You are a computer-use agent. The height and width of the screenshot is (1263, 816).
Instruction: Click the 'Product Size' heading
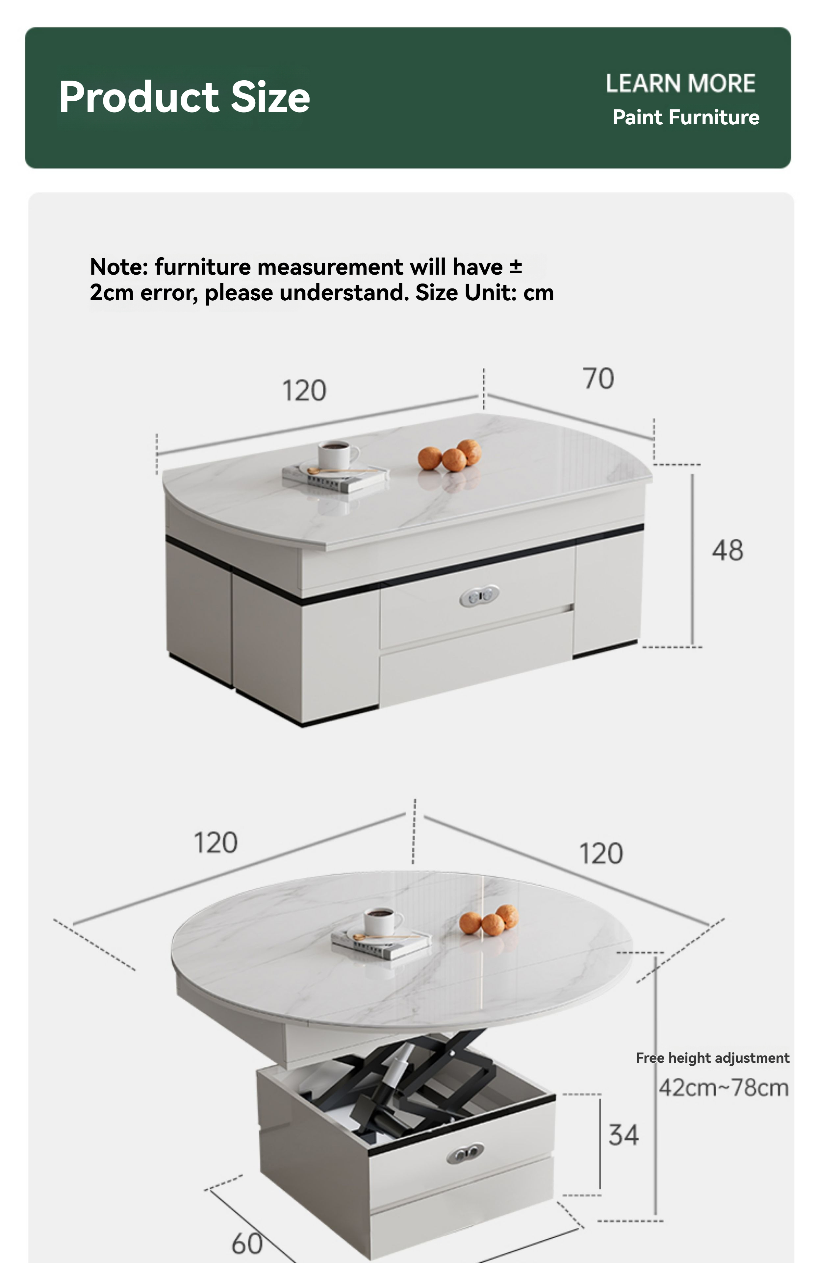pyautogui.click(x=184, y=97)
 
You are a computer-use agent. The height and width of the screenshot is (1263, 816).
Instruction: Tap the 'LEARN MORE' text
pyautogui.click(x=680, y=84)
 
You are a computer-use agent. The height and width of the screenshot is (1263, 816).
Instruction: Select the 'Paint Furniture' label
pyautogui.click(x=686, y=117)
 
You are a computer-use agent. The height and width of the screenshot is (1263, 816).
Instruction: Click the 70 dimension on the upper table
pyautogui.click(x=599, y=379)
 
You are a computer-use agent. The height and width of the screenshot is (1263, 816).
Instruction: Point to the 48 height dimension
pyautogui.click(x=727, y=550)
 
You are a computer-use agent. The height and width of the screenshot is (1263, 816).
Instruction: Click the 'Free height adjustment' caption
pyautogui.click(x=712, y=1058)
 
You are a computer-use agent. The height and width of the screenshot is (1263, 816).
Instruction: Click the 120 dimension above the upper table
pyautogui.click(x=304, y=391)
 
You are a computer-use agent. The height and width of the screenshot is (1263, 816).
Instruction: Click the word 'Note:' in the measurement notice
pyautogui.click(x=119, y=267)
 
